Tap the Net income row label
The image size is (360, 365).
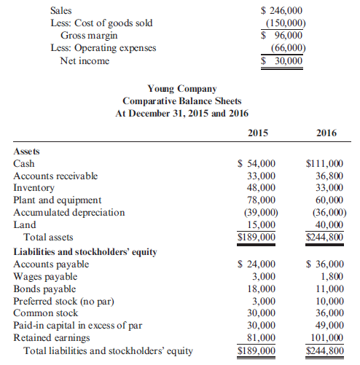click(x=85, y=60)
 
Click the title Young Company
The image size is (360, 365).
click(x=181, y=90)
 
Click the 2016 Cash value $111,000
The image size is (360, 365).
click(x=326, y=164)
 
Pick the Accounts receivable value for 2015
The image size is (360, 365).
click(x=262, y=176)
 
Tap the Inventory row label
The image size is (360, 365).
click(x=34, y=187)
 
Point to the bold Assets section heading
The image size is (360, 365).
click(x=27, y=151)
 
